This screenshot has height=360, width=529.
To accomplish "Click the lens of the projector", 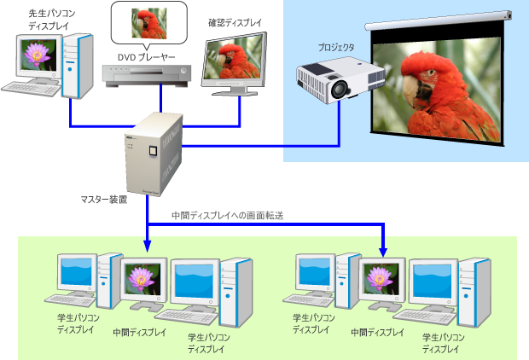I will pos(340,88).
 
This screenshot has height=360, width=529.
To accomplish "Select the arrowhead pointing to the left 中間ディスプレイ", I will pos(147,247).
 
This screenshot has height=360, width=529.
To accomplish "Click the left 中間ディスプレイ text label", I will pos(140,331).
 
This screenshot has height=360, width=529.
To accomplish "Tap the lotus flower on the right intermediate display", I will pos(377,278).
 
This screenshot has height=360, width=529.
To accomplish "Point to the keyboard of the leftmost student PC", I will pos(70,300).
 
